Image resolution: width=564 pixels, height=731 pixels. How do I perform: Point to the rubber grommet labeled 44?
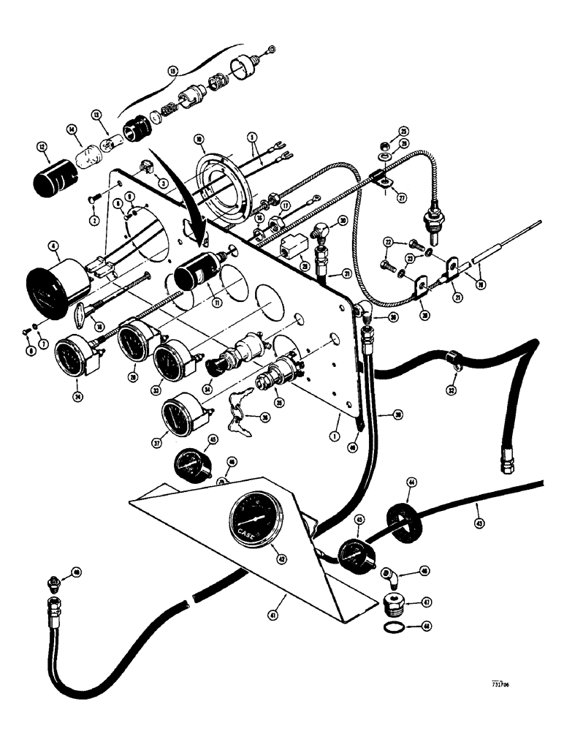(401, 519)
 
